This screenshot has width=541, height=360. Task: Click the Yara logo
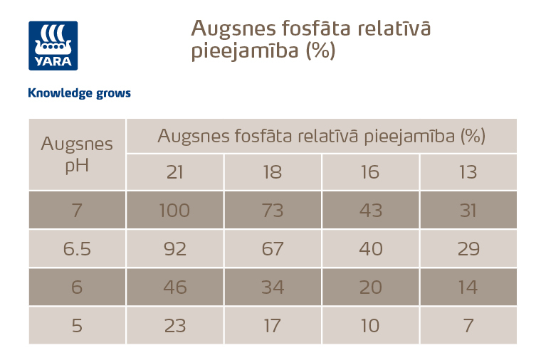click(x=53, y=46)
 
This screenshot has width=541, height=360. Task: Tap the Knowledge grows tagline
click(x=79, y=93)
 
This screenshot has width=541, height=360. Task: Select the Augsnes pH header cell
click(x=77, y=154)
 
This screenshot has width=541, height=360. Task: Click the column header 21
click(x=175, y=172)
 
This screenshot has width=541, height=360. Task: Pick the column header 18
click(x=273, y=172)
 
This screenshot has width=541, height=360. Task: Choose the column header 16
click(x=370, y=172)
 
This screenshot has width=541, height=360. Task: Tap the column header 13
click(x=468, y=172)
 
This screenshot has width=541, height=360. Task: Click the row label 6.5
click(x=77, y=249)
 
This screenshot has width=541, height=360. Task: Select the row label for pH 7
click(x=77, y=211)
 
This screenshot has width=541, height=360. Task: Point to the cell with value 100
click(x=175, y=211)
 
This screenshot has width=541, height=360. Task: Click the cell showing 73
click(x=273, y=211)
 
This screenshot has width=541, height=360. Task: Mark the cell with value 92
click(x=175, y=249)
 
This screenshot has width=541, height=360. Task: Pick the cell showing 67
click(x=273, y=249)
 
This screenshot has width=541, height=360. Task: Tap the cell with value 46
click(x=175, y=287)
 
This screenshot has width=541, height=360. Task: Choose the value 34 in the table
click(x=273, y=287)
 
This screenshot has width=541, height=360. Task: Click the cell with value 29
click(x=468, y=249)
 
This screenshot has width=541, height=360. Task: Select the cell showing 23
click(x=175, y=326)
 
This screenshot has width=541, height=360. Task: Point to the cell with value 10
click(x=370, y=326)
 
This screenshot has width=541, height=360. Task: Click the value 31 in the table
click(x=468, y=211)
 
